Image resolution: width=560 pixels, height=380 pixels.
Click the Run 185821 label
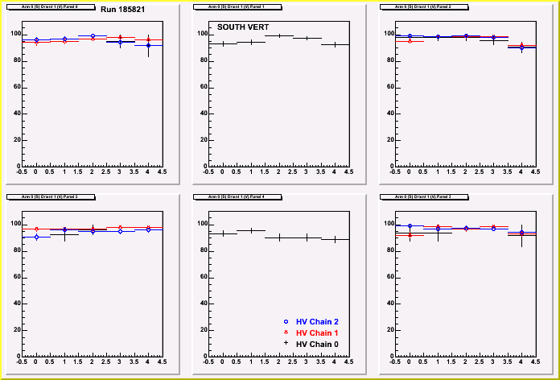point(122,9)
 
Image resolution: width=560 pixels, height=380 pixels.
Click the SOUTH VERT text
point(244,27)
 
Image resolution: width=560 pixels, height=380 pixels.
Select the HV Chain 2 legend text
point(317,322)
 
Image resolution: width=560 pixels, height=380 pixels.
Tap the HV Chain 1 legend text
point(317,333)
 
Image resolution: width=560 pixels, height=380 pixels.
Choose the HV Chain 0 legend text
point(317,345)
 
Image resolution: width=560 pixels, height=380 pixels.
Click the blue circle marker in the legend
point(286,322)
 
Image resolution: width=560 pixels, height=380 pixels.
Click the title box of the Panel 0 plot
point(43,7)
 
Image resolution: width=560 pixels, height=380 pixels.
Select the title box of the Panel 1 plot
point(229,7)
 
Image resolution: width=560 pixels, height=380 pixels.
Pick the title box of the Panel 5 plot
point(43,196)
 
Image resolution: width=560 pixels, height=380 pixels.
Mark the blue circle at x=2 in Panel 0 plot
point(93,36)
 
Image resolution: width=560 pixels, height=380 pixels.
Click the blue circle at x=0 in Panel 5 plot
point(36,237)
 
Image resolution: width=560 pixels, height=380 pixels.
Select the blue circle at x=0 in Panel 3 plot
point(410,227)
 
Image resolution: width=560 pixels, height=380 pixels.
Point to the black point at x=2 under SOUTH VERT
point(278,35)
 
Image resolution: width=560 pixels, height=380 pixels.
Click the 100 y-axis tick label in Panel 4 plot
point(202,224)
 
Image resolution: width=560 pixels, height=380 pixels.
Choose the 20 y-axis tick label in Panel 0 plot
point(15,140)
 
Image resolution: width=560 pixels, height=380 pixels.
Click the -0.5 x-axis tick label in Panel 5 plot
point(22,361)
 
